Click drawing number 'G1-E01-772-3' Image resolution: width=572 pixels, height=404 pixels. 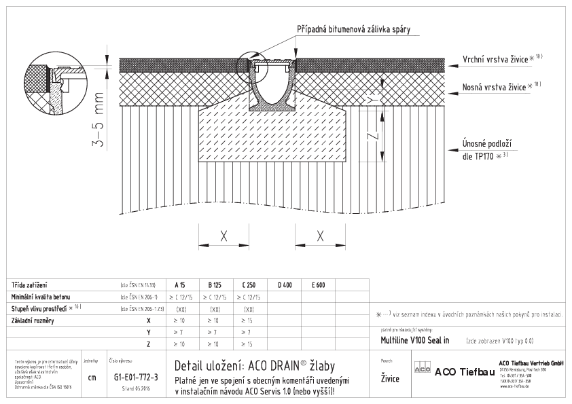tap(132, 376)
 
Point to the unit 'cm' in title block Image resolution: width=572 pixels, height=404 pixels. tap(92, 377)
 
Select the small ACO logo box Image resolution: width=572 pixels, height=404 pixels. tap(422, 372)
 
